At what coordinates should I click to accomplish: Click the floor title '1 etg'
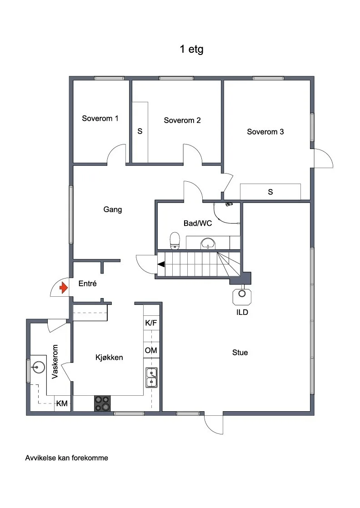191,49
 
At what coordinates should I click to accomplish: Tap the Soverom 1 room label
100,118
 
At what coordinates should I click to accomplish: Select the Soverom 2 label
182,120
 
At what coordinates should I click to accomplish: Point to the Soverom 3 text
265,131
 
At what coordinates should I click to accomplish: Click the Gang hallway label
113,209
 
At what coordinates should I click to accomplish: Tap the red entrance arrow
64,288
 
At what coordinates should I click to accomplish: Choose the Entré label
87,284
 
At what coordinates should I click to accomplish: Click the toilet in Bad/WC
175,240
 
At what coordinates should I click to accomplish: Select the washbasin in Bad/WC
208,243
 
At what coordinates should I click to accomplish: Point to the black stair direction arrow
161,264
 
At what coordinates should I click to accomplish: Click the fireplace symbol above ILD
242,295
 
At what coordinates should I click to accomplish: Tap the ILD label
242,312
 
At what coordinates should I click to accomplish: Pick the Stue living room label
240,353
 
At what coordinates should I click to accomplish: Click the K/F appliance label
151,323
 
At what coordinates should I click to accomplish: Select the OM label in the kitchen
151,350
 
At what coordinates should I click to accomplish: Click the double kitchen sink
151,378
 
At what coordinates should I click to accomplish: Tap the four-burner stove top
102,403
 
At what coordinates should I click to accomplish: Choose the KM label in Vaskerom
62,403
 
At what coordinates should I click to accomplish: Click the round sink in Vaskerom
38,368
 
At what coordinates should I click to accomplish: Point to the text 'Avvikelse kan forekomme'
67,458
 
